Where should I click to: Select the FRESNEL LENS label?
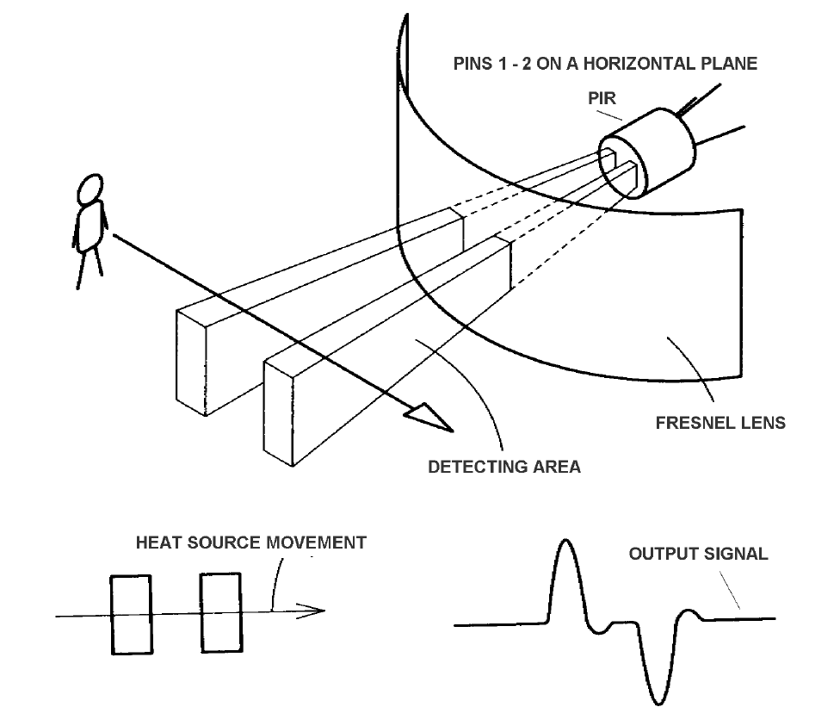720,423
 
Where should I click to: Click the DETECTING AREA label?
504,467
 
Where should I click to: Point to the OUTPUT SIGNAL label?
698,554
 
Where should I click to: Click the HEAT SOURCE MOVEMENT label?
251,543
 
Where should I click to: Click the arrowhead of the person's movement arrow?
430,419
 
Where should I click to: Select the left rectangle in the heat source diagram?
131,614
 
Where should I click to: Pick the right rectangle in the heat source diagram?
220,613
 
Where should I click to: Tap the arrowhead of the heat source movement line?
317,611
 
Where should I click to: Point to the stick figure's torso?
90,226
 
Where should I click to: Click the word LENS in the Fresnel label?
761,423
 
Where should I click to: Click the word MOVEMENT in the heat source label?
316,543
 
